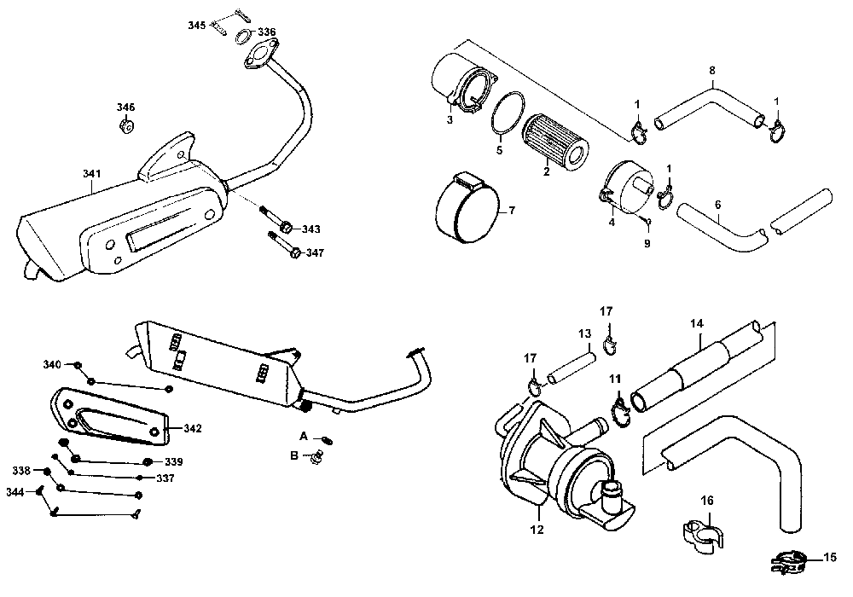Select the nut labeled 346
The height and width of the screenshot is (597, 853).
pyautogui.click(x=125, y=127)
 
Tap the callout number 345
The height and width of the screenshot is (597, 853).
pyautogui.click(x=197, y=26)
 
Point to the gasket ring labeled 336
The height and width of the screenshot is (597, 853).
pyautogui.click(x=242, y=36)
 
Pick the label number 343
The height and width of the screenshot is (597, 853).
pyautogui.click(x=311, y=229)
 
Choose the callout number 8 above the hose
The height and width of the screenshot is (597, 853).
pyautogui.click(x=712, y=69)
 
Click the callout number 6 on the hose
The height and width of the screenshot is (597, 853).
pyautogui.click(x=717, y=205)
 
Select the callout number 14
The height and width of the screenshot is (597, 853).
pyautogui.click(x=697, y=324)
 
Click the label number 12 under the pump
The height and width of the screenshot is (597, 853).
pyautogui.click(x=537, y=529)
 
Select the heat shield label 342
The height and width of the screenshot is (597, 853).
pyautogui.click(x=193, y=428)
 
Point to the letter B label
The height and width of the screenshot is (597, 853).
pyautogui.click(x=293, y=456)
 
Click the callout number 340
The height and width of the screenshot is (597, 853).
pyautogui.click(x=53, y=365)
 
